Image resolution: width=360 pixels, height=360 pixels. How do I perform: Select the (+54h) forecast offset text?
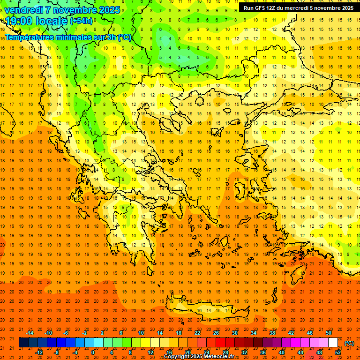coord(81,21)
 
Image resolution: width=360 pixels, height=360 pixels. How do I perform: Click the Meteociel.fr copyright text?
coord(199,357)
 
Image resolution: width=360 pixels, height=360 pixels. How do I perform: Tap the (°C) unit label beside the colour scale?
coord(349,343)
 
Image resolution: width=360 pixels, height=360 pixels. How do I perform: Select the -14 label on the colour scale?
coord(30,332)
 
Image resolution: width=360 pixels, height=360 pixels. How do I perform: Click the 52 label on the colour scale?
coord(338,352)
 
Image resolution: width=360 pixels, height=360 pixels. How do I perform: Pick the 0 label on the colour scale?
coord(93,352)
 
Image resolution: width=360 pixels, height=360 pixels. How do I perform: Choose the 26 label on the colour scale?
coord(216,332)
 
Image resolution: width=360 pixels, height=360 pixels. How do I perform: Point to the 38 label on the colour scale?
coord(272,332)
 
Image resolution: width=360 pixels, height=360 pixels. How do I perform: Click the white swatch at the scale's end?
coord(333,343)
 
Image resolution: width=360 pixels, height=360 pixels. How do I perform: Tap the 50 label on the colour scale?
coord(328,332)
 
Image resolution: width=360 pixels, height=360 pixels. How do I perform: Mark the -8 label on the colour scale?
coord(57,352)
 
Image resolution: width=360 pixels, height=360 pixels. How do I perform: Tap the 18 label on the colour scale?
coord(179,332)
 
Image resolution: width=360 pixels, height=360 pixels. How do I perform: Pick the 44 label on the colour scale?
coord(300,352)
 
